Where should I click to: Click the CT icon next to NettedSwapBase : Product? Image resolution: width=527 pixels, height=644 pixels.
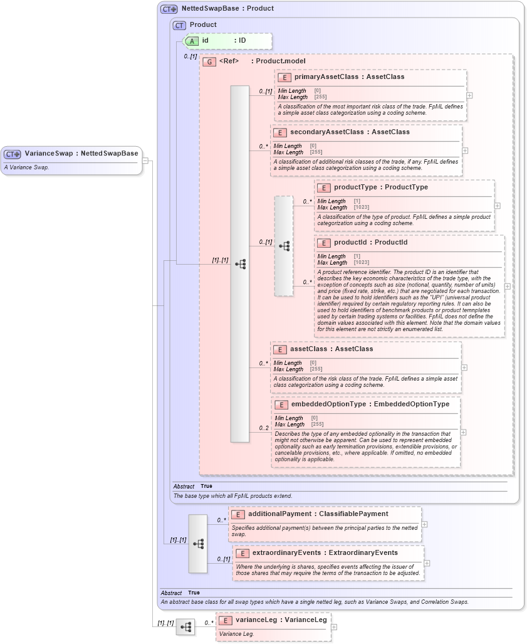click(x=169, y=9)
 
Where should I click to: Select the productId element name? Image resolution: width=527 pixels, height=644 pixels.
click(x=353, y=243)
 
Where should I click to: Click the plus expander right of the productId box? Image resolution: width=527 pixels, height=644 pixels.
click(x=507, y=286)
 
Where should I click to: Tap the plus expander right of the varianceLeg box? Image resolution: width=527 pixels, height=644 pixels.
click(x=333, y=626)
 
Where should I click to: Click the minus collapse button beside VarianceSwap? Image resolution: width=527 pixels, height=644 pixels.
click(x=145, y=160)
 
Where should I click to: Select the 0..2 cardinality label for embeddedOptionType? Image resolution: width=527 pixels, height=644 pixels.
click(x=264, y=428)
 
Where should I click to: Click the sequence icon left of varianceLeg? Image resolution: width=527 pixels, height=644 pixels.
click(x=185, y=626)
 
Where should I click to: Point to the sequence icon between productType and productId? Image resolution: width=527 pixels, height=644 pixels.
click(x=284, y=246)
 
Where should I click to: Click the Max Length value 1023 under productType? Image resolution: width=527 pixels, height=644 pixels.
click(x=362, y=208)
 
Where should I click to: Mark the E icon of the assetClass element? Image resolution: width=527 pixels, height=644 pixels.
click(x=279, y=349)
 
